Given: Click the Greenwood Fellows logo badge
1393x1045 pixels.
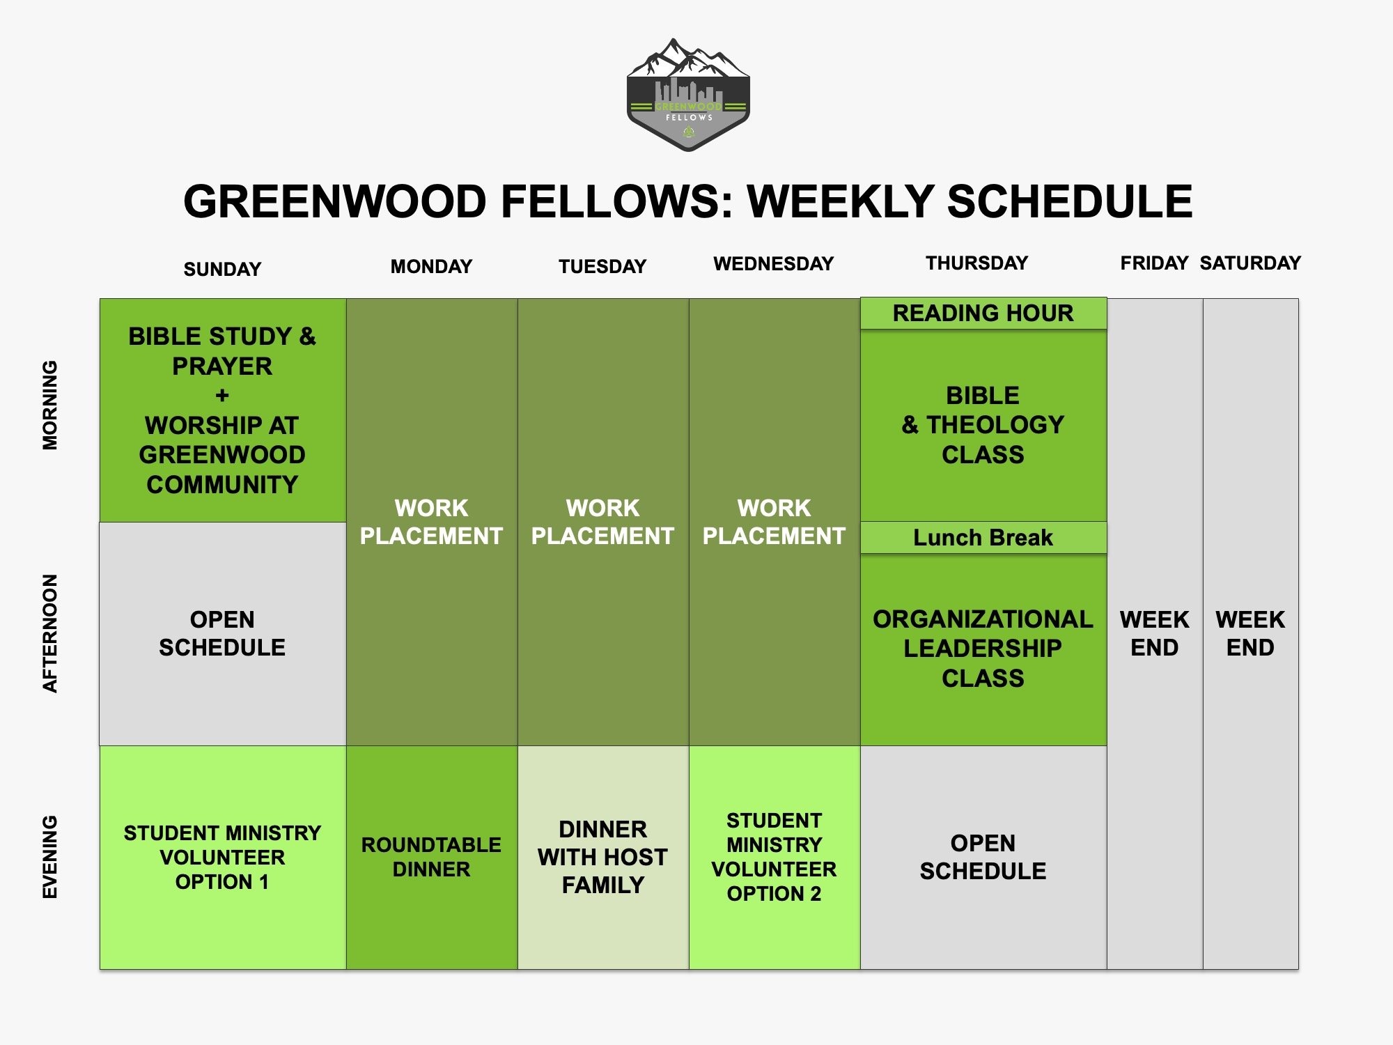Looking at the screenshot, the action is [x=688, y=95].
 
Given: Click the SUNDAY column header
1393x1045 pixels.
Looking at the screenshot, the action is [x=222, y=269].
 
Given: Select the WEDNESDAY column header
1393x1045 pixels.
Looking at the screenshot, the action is [x=774, y=263].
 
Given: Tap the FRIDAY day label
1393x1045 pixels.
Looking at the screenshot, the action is [x=1154, y=263].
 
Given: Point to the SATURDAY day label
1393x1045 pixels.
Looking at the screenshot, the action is [x=1250, y=263].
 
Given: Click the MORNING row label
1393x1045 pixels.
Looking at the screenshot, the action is [x=50, y=405].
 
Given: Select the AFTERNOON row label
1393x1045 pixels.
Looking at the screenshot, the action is [x=50, y=633].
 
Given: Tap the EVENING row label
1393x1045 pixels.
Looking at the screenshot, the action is [x=50, y=857].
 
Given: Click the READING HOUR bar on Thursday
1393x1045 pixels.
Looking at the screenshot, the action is [x=983, y=313].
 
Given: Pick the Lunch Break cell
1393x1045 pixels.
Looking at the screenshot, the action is [x=983, y=538].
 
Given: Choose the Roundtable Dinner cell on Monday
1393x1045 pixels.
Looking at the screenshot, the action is [x=432, y=858].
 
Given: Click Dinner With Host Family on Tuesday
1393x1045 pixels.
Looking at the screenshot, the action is [x=603, y=858].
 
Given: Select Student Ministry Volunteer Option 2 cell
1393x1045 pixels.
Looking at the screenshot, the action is [x=775, y=858].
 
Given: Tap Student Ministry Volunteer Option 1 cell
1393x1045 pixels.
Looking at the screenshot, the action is [x=223, y=858].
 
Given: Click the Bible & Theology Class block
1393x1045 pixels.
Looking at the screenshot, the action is [x=983, y=426].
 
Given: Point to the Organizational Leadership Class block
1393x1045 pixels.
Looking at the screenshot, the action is [x=983, y=650].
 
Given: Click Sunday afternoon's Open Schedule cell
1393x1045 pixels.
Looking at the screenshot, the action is [x=223, y=634].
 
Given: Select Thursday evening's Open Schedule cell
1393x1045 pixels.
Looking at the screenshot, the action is [x=983, y=858].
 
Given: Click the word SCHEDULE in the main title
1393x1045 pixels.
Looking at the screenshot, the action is [x=1070, y=202].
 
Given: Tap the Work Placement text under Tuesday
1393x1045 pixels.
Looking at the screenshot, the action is [x=603, y=522].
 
